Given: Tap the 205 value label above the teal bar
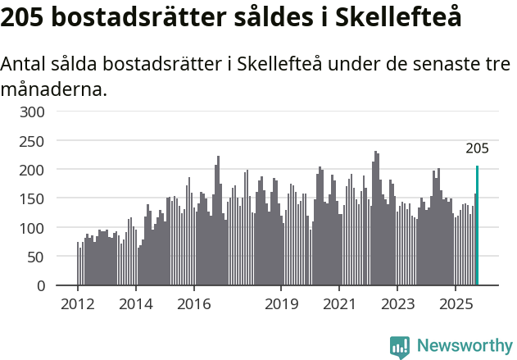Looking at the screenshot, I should (477, 148).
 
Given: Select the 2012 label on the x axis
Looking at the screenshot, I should (78, 304).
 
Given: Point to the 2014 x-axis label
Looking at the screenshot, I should (135, 304).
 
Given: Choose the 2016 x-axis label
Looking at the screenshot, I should (193, 304).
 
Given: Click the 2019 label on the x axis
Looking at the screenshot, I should (281, 304).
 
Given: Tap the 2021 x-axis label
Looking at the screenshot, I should (339, 304).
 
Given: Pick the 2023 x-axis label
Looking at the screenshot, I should (397, 304).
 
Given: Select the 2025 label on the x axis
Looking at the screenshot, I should (456, 304).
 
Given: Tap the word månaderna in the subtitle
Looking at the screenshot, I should (53, 88).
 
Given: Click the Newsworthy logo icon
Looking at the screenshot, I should (400, 346).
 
